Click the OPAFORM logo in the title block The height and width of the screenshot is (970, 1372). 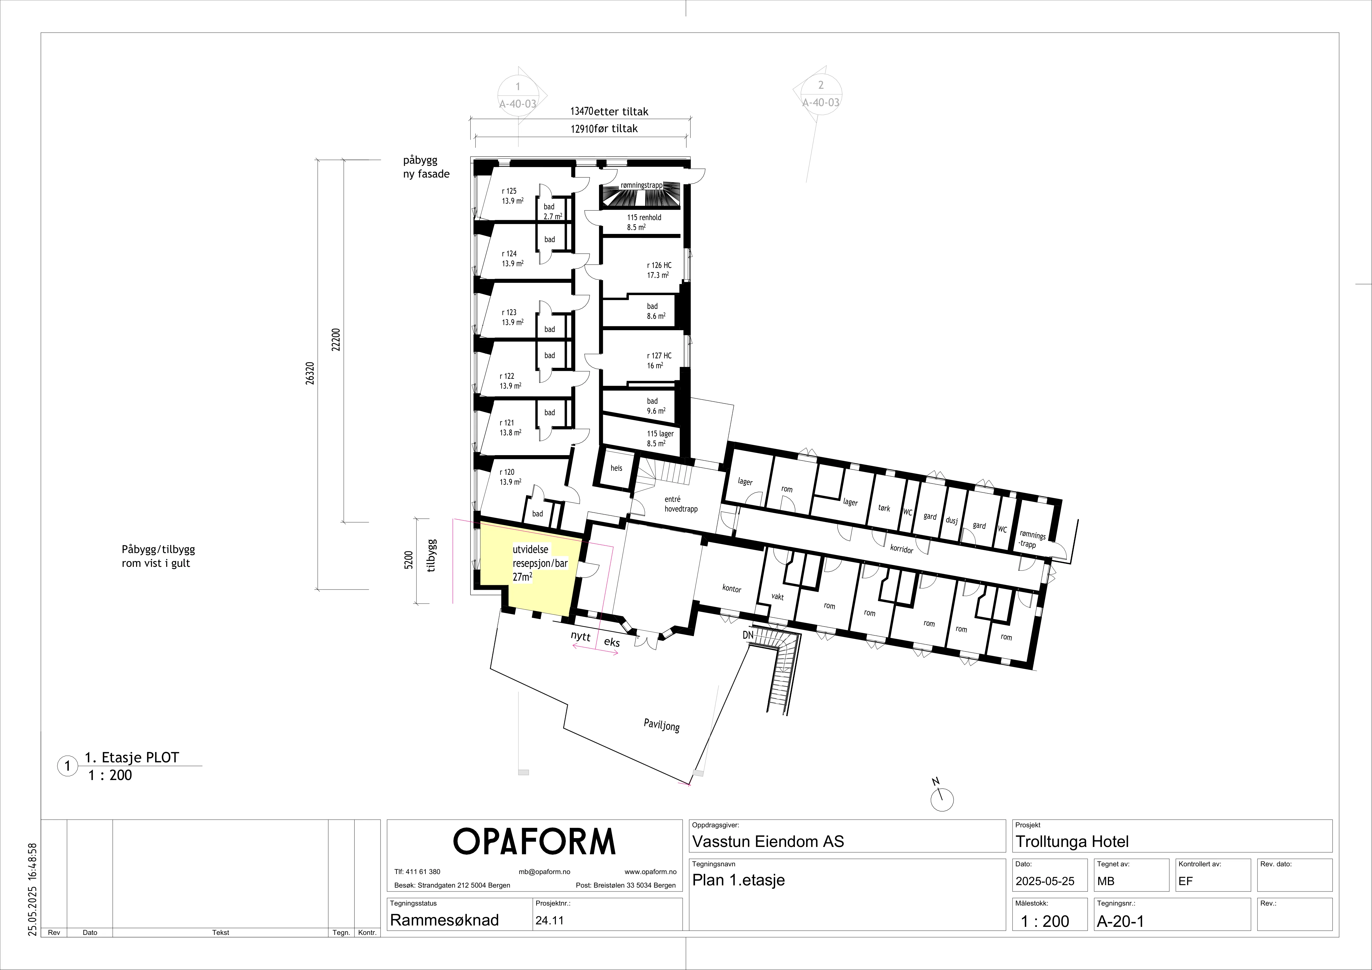click(534, 841)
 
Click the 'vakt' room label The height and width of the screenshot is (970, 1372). click(777, 597)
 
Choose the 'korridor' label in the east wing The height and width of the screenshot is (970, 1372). click(902, 548)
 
